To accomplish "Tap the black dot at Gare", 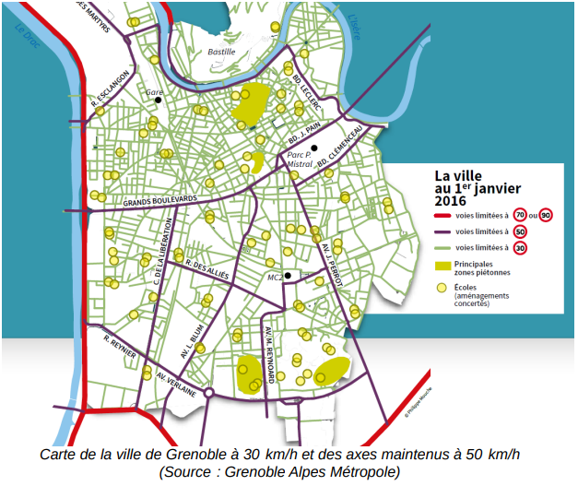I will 158,101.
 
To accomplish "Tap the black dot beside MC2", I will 288,275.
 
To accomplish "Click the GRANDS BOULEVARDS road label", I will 160,200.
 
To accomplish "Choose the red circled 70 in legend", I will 520,215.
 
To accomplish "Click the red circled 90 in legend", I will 547,215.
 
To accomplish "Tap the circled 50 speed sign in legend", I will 520,231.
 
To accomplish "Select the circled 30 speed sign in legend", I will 520,248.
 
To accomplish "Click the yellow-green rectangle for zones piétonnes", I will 443,267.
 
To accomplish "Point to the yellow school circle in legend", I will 442,290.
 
